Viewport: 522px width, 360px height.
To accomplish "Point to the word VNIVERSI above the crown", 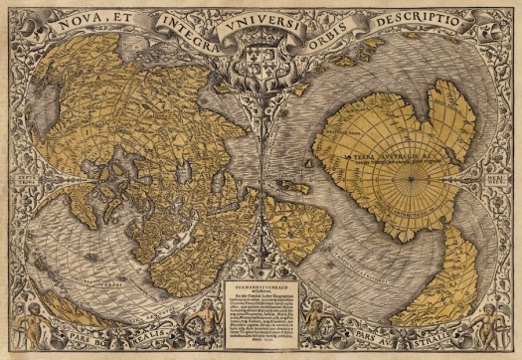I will [261, 14].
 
